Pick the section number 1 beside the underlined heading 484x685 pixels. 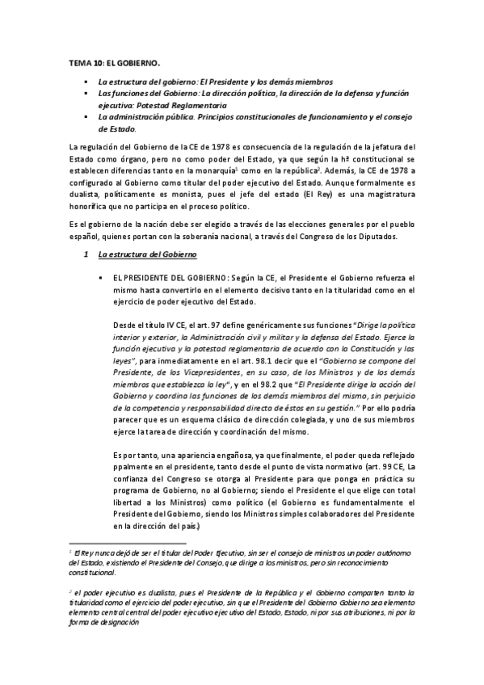86,256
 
